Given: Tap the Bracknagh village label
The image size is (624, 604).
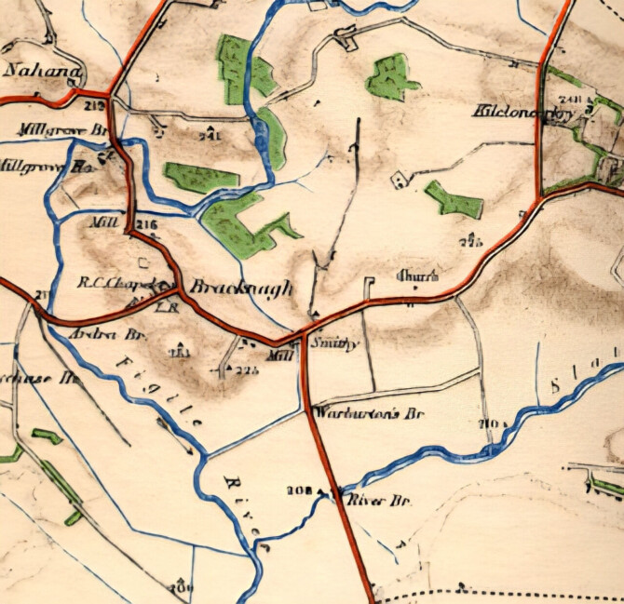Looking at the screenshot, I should click(240, 289).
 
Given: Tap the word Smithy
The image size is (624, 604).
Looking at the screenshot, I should click(334, 342).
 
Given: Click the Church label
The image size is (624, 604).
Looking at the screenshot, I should click(417, 276).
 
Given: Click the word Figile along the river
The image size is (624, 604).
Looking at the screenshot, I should click(170, 389).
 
